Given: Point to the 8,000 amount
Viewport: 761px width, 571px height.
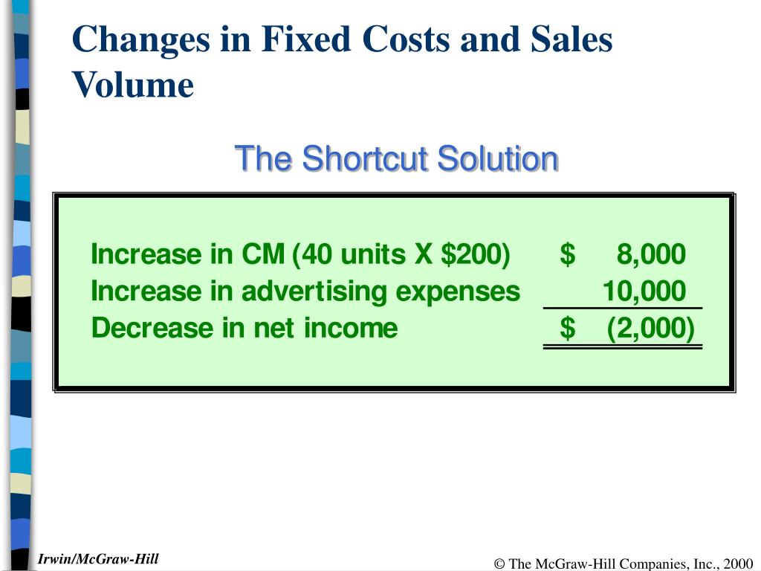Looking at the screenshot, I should click(x=651, y=254).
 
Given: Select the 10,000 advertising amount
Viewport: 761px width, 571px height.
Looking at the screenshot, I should click(x=644, y=291).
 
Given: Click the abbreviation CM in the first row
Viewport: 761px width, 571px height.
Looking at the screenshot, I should click(x=262, y=254).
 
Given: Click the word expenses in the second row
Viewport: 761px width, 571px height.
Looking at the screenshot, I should click(x=458, y=291).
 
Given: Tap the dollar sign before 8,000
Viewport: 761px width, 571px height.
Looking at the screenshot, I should click(x=568, y=254).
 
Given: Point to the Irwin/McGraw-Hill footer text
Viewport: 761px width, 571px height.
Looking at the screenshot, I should click(x=99, y=559).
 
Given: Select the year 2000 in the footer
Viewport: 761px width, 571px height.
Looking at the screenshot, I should click(x=739, y=564).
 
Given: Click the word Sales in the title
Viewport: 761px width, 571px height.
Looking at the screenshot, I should click(x=571, y=39).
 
